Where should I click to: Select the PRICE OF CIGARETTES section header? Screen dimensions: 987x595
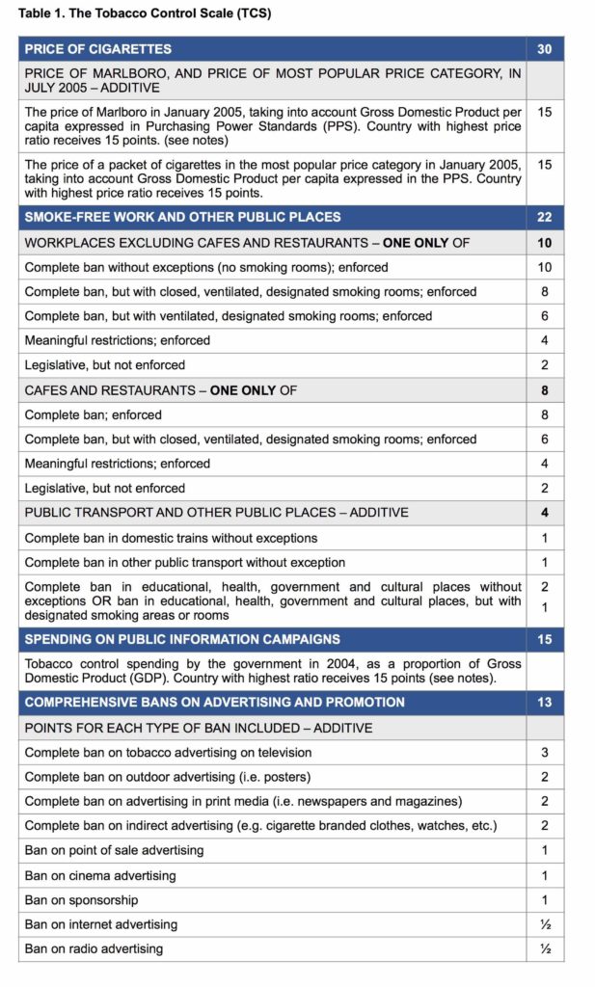click(x=97, y=49)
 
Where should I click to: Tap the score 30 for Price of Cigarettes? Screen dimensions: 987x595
click(x=545, y=49)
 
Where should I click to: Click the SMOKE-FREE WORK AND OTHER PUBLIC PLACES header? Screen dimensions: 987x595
click(x=182, y=218)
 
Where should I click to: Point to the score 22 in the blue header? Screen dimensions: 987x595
click(x=545, y=218)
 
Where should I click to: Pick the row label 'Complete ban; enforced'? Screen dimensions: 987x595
click(x=93, y=414)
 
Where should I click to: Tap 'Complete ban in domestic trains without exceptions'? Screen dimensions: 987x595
click(x=171, y=538)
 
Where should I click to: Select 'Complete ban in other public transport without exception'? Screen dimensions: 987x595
click(x=184, y=562)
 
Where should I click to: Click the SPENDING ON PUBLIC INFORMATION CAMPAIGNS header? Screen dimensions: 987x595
click(x=182, y=639)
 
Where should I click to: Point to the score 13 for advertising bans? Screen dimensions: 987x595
click(x=545, y=702)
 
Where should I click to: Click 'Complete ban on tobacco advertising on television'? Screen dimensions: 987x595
click(x=168, y=752)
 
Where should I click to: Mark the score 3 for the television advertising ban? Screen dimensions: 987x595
click(x=545, y=752)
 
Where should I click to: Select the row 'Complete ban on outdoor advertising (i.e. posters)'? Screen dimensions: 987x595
click(x=167, y=777)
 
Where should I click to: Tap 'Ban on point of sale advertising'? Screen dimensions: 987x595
click(x=114, y=850)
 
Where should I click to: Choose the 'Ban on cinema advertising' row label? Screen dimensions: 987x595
click(x=100, y=875)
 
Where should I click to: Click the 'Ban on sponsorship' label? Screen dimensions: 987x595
click(x=81, y=899)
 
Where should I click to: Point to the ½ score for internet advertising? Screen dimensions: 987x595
click(x=545, y=924)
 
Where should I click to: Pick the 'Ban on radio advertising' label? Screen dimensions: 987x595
click(x=94, y=948)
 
